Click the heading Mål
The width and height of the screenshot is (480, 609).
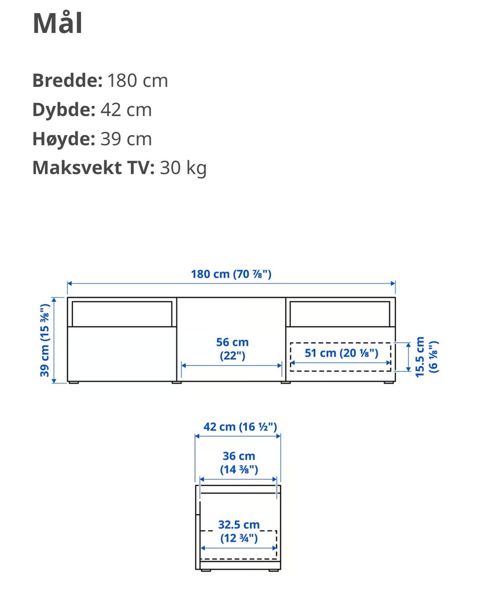click(57, 23)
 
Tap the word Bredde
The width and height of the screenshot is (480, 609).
click(67, 80)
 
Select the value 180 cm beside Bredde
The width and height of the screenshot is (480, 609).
click(137, 80)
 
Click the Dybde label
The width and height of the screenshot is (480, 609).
click(63, 110)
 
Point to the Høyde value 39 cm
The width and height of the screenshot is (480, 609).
click(126, 139)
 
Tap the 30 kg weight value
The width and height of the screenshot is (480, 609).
click(183, 168)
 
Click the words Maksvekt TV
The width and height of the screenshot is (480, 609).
click(93, 168)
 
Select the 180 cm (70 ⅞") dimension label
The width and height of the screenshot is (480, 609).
click(231, 274)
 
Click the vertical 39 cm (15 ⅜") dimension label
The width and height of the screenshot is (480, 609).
click(45, 340)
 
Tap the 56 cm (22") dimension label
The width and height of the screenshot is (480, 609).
click(232, 349)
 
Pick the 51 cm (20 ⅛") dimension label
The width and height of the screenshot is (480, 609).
click(341, 353)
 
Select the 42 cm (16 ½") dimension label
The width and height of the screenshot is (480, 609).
click(240, 427)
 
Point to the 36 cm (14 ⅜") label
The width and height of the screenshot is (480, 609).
click(239, 462)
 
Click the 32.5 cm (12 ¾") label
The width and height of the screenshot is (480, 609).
click(239, 531)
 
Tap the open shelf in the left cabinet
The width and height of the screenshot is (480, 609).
click(121, 313)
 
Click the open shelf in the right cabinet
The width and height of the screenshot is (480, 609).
click(340, 313)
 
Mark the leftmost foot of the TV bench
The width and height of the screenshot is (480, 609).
click(73, 383)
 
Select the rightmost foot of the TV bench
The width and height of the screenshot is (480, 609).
click(388, 383)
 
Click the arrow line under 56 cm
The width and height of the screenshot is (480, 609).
click(231, 365)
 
